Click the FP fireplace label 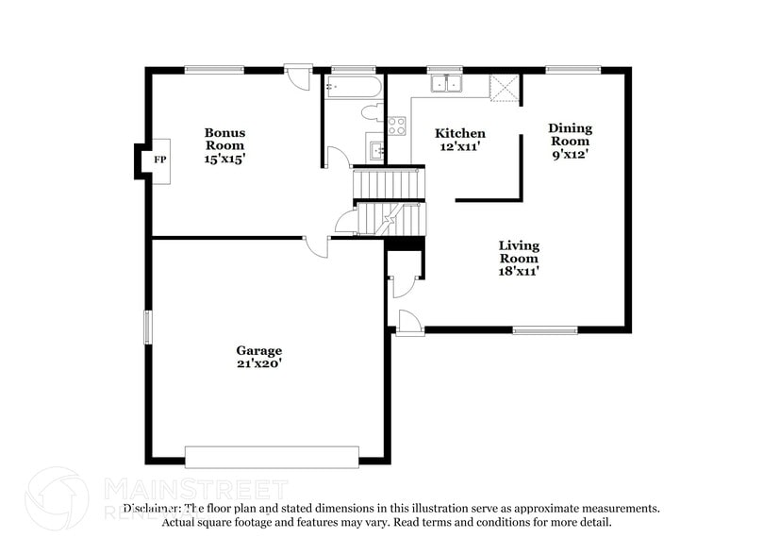pyautogui.click(x=159, y=160)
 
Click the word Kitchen pyautogui.click(x=459, y=133)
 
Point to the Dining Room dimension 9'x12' pyautogui.click(x=571, y=154)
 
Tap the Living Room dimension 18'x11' pyautogui.click(x=519, y=271)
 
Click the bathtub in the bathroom pyautogui.click(x=353, y=88)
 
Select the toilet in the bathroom pyautogui.click(x=372, y=112)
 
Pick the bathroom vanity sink pyautogui.click(x=376, y=149)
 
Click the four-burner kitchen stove pyautogui.click(x=396, y=125)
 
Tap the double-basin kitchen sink pyautogui.click(x=446, y=85)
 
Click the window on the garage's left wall pyautogui.click(x=146, y=327)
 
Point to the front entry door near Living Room pyautogui.click(x=410, y=322)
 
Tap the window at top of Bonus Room pyautogui.click(x=214, y=69)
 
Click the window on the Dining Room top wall pyautogui.click(x=573, y=69)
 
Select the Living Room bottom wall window pyautogui.click(x=544, y=329)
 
